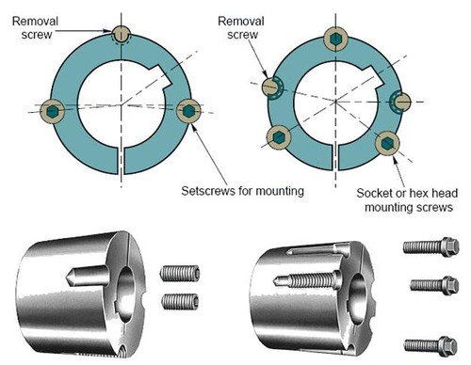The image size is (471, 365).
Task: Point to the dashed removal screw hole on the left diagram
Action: click(120, 33)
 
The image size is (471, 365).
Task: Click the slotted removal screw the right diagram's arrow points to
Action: click(271, 86)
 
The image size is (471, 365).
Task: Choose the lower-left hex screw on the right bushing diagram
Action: click(279, 137)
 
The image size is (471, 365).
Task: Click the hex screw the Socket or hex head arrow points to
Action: click(386, 143)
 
